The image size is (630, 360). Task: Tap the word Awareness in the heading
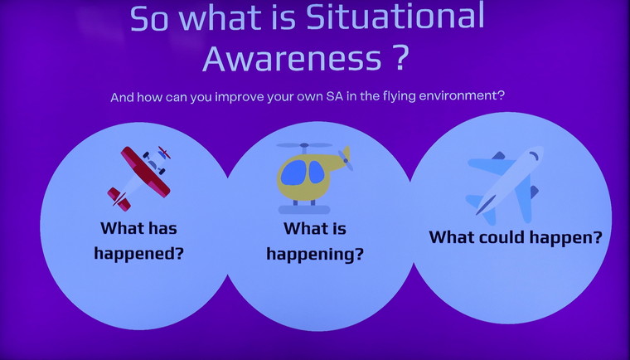pos(293,58)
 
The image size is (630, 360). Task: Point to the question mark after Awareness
pos(400,57)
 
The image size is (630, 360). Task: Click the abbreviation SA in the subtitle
pos(335,97)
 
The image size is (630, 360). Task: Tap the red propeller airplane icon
pos(139,178)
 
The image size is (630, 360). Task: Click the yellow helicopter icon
pos(313,178)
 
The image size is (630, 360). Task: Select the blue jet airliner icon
pos(505,184)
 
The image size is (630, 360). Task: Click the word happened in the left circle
pos(138,254)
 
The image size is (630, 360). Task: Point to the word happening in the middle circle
pos(315,255)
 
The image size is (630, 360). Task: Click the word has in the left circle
pos(162,228)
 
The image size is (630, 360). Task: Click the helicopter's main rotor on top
pos(304,145)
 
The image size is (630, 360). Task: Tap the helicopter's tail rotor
pos(346,159)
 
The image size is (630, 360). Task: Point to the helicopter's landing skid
pos(304,210)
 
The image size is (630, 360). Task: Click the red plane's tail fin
pos(119,198)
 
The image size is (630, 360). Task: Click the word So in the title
pos(148,19)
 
